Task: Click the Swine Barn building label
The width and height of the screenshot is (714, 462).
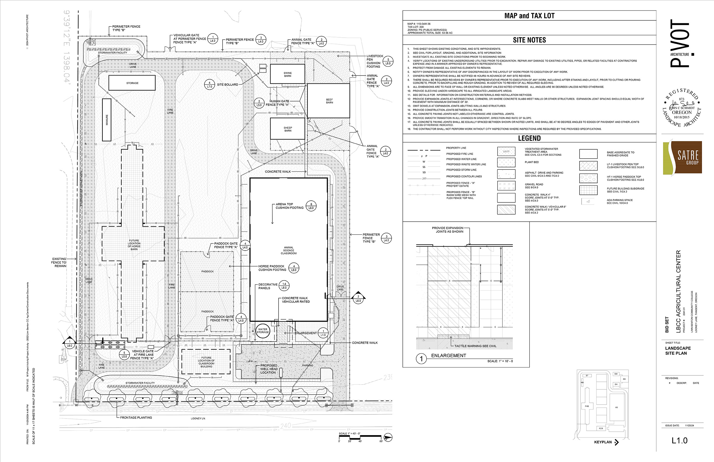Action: tap(287, 74)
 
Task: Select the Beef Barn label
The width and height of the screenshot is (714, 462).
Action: tap(329, 101)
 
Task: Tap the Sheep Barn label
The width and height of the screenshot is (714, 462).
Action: tap(287, 129)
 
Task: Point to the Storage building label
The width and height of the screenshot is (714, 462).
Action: tap(132, 83)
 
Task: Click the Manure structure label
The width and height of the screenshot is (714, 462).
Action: tap(107, 120)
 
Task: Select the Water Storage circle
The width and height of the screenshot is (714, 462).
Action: tap(262, 330)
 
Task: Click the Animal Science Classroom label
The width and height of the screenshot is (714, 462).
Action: tap(288, 251)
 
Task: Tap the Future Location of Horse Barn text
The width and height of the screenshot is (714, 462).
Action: tap(134, 245)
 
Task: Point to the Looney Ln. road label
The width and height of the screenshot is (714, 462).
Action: tap(198, 419)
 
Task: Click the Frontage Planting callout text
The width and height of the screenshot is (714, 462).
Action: tap(136, 418)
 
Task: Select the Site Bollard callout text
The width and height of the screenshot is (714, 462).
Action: tap(228, 85)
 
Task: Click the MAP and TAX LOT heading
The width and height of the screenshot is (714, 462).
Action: tap(529, 16)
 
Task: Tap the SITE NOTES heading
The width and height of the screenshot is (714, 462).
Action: tap(529, 40)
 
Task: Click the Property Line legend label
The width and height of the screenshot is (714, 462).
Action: tap(456, 148)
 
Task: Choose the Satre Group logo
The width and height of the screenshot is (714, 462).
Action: tap(682, 157)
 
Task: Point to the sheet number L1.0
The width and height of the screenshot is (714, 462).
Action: tap(679, 441)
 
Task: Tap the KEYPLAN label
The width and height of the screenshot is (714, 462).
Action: tap(603, 442)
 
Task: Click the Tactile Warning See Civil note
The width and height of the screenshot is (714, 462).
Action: tap(475, 346)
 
